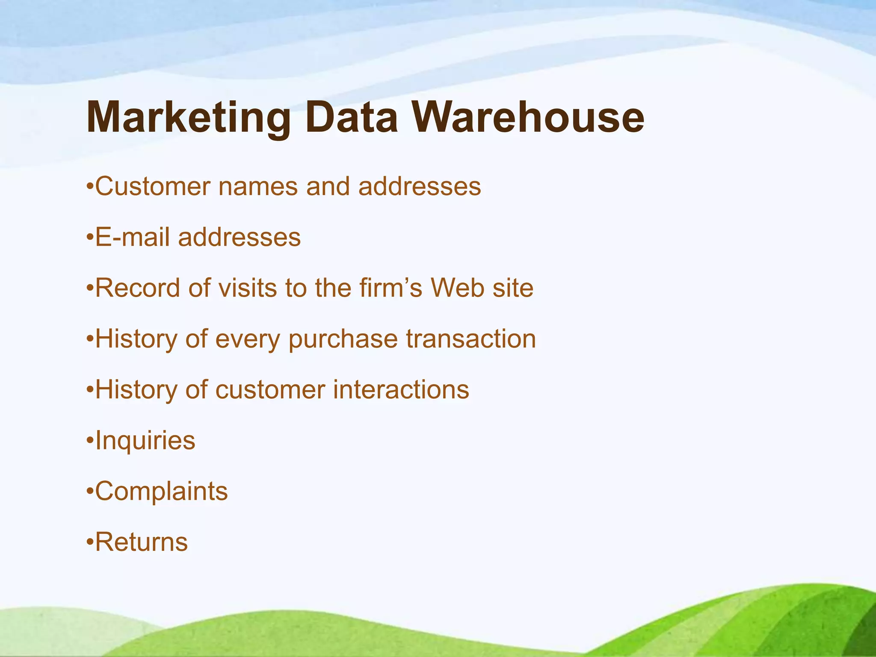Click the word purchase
pyautogui.click(x=343, y=340)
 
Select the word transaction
pyautogui.click(x=471, y=339)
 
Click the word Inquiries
pyautogui.click(x=145, y=441)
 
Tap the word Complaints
pyautogui.click(x=161, y=491)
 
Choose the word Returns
pyautogui.click(x=141, y=542)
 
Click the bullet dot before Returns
pyautogui.click(x=89, y=542)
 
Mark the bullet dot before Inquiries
pyautogui.click(x=89, y=441)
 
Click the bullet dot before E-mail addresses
pyautogui.click(x=89, y=237)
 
